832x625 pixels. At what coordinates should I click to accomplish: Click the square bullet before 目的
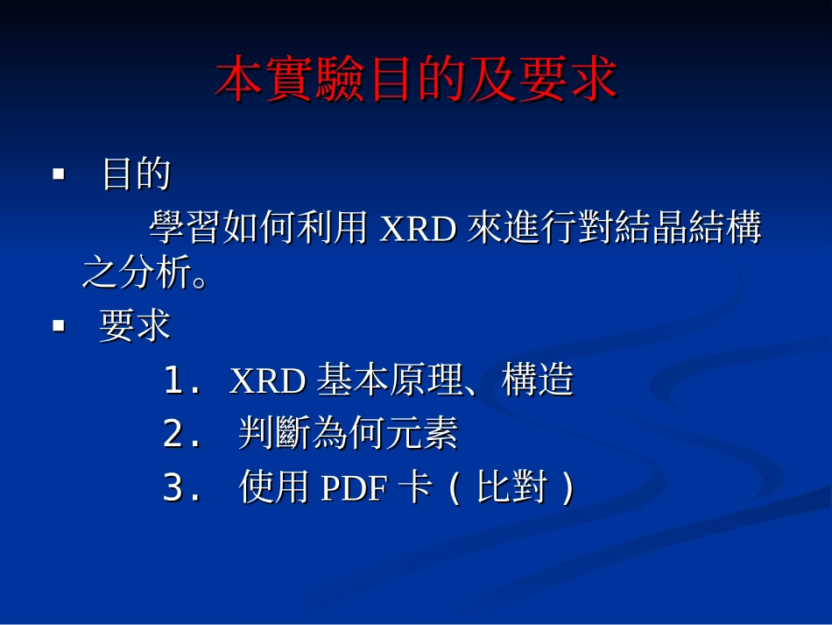[x=59, y=175]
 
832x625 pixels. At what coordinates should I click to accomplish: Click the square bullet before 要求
[x=59, y=327]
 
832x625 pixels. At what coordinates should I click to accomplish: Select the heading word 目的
[x=136, y=174]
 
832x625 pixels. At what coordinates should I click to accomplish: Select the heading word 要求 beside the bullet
[x=135, y=327]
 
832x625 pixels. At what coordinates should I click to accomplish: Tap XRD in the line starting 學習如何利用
[x=419, y=230]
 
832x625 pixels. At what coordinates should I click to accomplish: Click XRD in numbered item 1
[x=267, y=381]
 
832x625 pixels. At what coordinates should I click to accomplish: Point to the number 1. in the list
[x=182, y=381]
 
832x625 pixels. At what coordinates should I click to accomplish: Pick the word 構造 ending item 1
[x=538, y=381]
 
